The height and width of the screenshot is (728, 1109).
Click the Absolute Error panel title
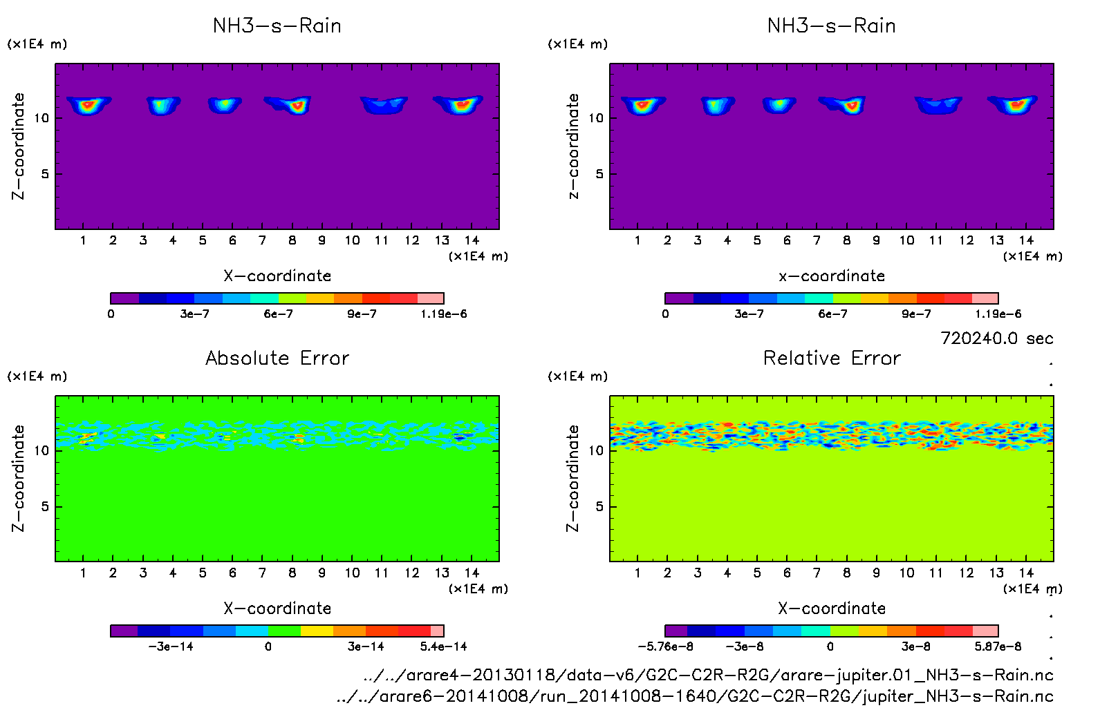click(x=277, y=358)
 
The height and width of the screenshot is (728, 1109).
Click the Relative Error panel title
click(x=832, y=358)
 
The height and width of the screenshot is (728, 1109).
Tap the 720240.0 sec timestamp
click(x=996, y=338)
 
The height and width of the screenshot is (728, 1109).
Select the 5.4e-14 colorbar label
click(x=443, y=646)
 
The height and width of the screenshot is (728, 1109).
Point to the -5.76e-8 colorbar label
click(x=665, y=646)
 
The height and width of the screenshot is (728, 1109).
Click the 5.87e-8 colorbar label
click(x=998, y=646)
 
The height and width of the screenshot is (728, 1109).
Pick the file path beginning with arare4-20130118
click(x=708, y=675)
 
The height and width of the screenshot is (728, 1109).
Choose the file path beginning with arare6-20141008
click(x=694, y=696)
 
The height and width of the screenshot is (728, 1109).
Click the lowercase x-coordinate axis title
click(x=832, y=276)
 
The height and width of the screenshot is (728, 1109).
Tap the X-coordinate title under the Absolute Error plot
click(x=277, y=609)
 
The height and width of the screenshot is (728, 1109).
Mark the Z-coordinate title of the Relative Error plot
click(x=572, y=478)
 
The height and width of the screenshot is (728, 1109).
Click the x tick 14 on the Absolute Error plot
click(x=472, y=573)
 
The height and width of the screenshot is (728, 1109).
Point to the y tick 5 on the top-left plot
click(x=45, y=174)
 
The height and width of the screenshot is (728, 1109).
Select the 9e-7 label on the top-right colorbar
click(x=916, y=314)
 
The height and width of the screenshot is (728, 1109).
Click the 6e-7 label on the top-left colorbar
click(x=278, y=314)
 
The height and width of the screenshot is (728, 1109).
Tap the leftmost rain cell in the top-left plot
click(x=88, y=105)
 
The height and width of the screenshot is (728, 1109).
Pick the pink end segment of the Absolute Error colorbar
click(x=437, y=631)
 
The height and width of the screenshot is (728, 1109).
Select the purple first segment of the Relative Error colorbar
click(x=676, y=631)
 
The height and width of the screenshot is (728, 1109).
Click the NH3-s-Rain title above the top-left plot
click(x=277, y=26)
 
